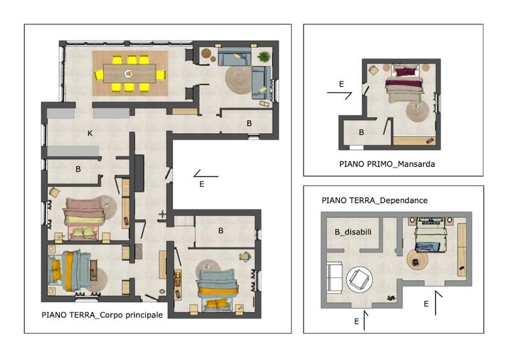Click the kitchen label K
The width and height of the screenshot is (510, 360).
coord(90,133)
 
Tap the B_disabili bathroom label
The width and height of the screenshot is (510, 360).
coord(353,232)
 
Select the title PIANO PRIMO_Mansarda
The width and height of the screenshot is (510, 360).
coord(387,164)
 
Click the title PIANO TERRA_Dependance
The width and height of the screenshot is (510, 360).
coord(374,200)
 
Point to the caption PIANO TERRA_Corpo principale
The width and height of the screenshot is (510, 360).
coord(102,315)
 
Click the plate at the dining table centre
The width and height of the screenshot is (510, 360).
coord(129,73)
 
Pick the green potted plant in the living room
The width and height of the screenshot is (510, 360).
coord(263,57)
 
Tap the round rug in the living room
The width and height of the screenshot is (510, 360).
coord(240,80)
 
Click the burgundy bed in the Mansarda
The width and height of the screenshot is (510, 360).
coord(405,83)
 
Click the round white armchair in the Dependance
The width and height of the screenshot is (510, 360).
coord(360,279)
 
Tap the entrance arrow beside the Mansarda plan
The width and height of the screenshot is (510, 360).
coord(339,94)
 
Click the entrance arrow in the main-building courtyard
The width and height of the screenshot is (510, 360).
coord(205,175)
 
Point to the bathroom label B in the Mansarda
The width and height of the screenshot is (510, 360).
coord(361,133)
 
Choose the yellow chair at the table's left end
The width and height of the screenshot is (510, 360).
coord(99,75)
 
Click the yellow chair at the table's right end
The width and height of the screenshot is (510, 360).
coord(161,75)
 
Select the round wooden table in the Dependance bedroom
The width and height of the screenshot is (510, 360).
coord(418,259)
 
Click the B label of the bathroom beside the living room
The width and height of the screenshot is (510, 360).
coord(249,123)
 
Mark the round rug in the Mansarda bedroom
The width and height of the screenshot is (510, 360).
coord(418,112)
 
